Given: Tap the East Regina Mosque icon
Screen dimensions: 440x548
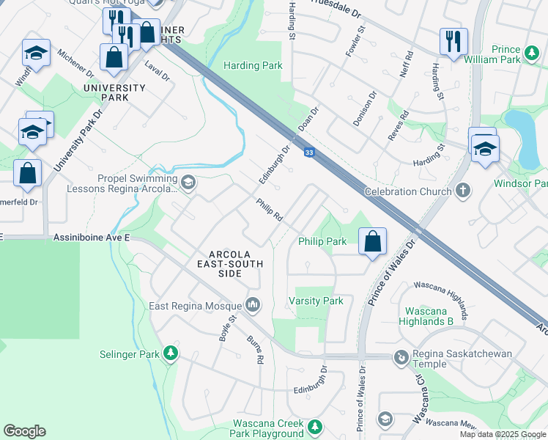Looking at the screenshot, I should [x=253, y=304].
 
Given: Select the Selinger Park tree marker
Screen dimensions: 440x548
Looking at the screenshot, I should [x=170, y=354].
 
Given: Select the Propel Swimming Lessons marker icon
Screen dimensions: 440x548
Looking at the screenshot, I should [x=188, y=183].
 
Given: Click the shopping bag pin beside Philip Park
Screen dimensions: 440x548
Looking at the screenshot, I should [x=372, y=241].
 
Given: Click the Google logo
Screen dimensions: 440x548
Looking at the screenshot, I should [x=24, y=431].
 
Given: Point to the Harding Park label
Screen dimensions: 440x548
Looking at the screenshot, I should [x=253, y=65].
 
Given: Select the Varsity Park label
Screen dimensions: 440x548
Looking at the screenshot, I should [x=316, y=301].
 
